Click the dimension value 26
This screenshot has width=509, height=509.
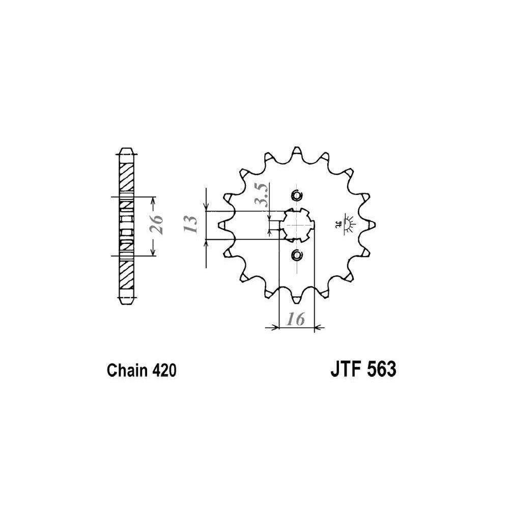coord(156,224)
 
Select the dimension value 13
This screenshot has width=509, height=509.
coord(190,224)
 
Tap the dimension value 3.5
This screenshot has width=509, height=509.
coord(261,195)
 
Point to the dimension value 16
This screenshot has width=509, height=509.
coord(296,320)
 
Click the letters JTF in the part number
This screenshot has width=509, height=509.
coord(345,369)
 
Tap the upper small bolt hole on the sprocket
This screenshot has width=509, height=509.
coord(297,196)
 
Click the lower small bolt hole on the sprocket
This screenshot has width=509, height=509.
coord(297,255)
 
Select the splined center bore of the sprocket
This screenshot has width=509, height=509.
coord(297,224)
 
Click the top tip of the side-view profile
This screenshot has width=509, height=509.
coord(126,148)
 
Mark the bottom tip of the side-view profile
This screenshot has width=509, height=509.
coord(126,303)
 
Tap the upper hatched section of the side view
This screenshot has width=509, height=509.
coord(126,178)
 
